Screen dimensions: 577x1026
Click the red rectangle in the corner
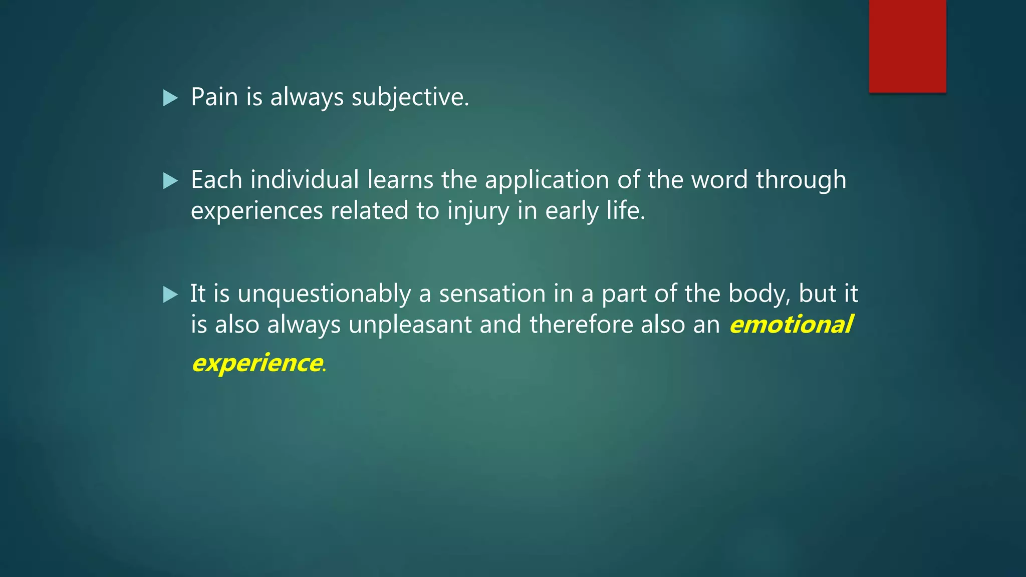907,46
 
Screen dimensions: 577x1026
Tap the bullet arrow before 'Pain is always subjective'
170,98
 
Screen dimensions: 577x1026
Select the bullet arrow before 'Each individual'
170,181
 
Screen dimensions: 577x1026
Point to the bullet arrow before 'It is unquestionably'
170,295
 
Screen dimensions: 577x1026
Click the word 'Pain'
214,97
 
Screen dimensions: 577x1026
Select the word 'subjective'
409,98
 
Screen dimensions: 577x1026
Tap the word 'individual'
305,180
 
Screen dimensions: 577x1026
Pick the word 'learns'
400,180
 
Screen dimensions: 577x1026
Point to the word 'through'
801,181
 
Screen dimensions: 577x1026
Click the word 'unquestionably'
324,295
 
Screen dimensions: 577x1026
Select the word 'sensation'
492,294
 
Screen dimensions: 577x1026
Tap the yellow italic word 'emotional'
791,325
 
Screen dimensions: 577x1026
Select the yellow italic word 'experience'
257,364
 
